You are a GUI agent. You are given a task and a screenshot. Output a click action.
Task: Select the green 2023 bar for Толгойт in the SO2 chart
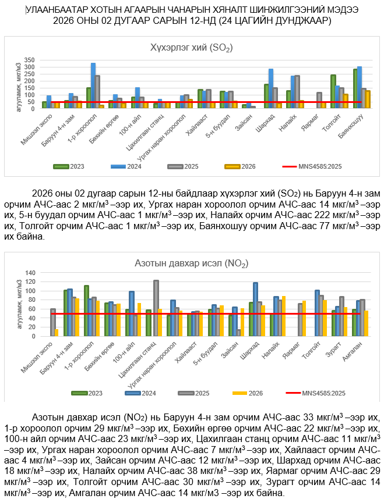click(333, 91)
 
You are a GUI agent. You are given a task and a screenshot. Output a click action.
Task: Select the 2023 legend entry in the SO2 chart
click(72, 166)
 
